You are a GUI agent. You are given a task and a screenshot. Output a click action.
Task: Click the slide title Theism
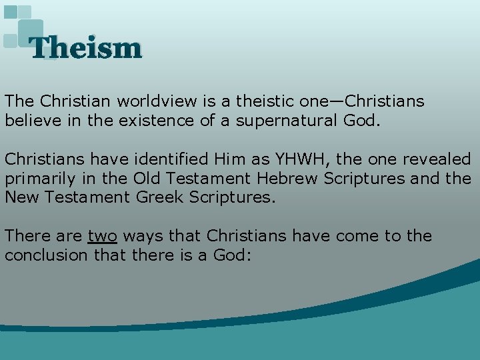[x=86, y=48]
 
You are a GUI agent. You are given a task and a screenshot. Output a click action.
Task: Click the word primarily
[x=34, y=179]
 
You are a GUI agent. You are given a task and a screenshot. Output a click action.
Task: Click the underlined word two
[x=102, y=236]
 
